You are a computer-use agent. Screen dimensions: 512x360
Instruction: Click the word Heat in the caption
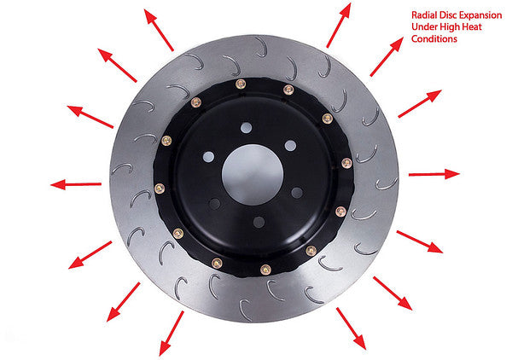tap(472, 26)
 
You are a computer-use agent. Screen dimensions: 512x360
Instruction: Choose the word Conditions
tap(434, 39)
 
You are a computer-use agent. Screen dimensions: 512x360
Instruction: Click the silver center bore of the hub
tap(253, 175)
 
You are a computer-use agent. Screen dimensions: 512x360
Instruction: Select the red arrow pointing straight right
tap(434, 174)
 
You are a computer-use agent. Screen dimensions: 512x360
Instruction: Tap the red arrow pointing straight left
tap(76, 185)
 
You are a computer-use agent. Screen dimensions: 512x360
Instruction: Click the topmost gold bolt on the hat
tap(241, 84)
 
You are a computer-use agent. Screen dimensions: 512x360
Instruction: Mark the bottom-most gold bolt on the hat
tap(265, 270)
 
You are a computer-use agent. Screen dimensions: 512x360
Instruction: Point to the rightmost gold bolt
tap(346, 163)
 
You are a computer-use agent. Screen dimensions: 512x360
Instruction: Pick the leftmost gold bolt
tap(160, 189)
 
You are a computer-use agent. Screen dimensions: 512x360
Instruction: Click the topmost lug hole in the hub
tap(247, 128)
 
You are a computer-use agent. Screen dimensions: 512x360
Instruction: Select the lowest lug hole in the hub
tap(259, 223)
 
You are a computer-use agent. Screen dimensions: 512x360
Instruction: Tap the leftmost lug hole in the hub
tap(208, 157)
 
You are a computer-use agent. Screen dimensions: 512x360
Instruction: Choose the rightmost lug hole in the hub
tap(297, 193)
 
